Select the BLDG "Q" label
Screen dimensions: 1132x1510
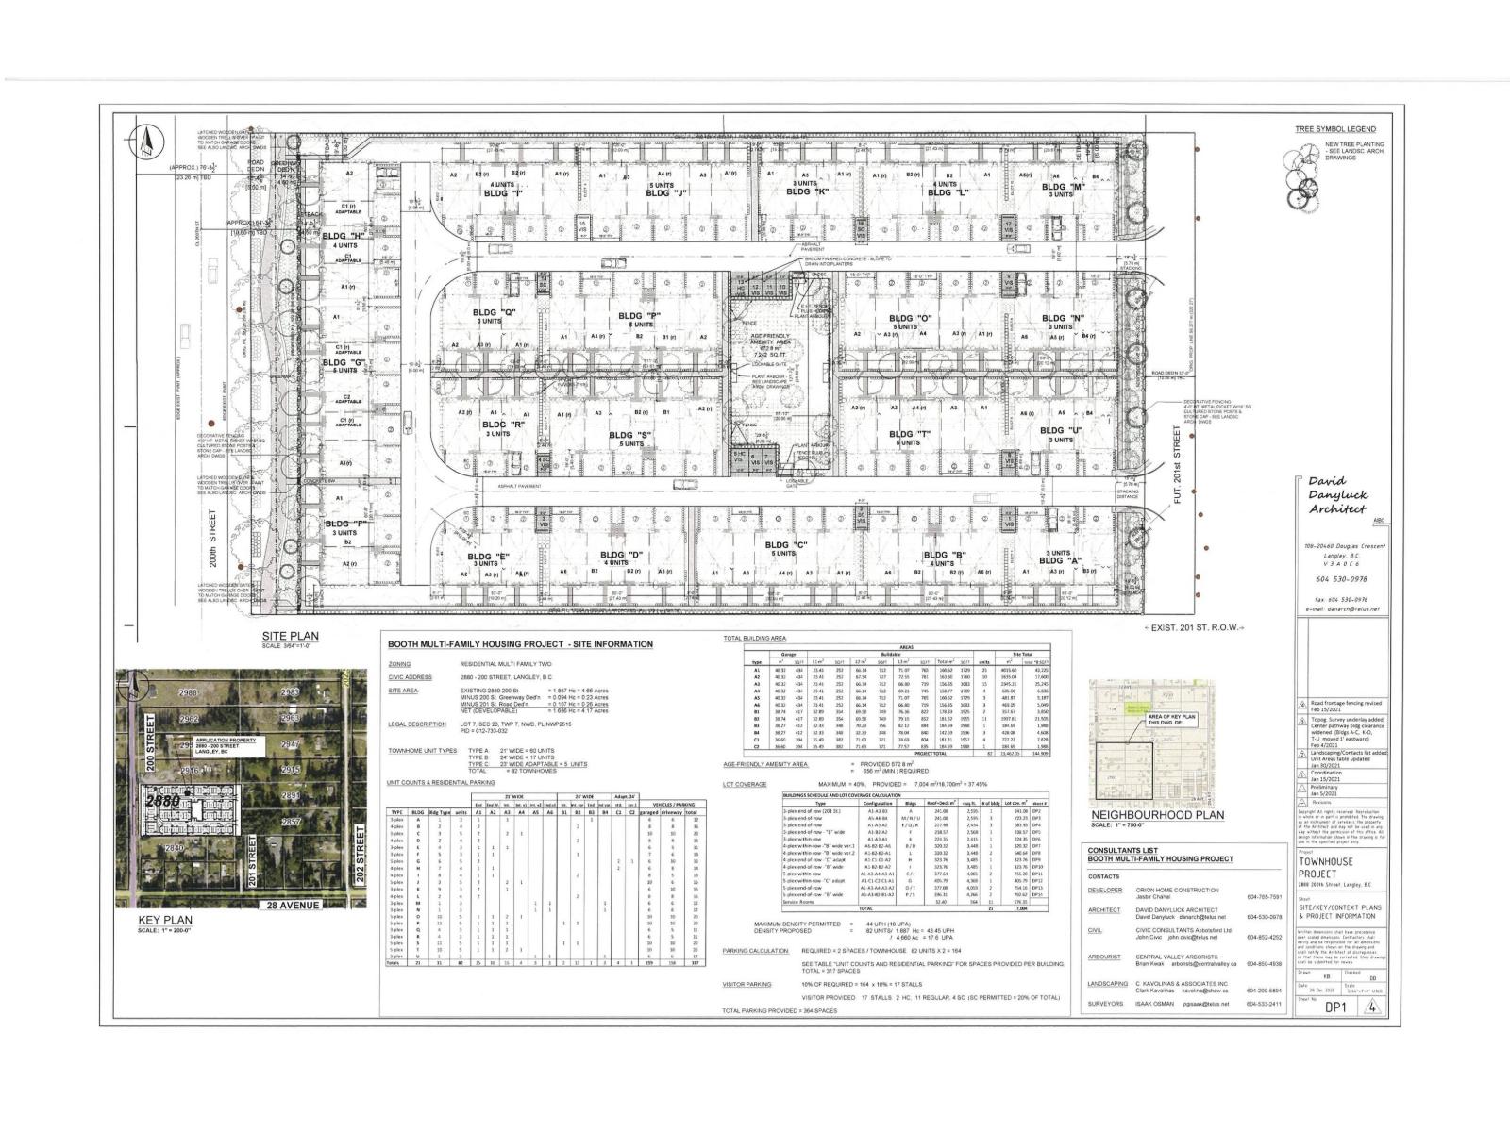tap(496, 313)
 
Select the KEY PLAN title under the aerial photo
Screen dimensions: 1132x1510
tap(165, 920)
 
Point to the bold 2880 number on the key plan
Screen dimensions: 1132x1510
tap(162, 800)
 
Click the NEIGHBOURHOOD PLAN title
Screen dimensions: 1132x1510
tap(1157, 815)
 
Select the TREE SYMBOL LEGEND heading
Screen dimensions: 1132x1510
tap(1335, 129)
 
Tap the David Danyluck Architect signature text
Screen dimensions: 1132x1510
tap(1337, 495)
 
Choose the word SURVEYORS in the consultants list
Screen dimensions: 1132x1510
tap(1104, 1004)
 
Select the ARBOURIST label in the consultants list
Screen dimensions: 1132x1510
tap(1105, 956)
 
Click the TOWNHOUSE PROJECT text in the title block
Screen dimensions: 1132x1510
tap(1325, 868)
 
